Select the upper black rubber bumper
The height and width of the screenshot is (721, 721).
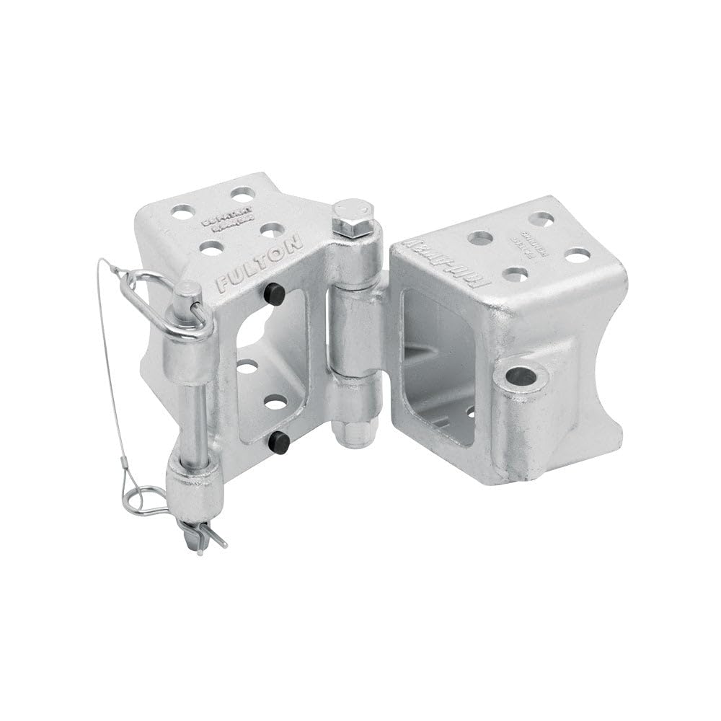(x=273, y=293)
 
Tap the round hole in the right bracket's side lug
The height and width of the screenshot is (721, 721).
(x=521, y=376)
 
